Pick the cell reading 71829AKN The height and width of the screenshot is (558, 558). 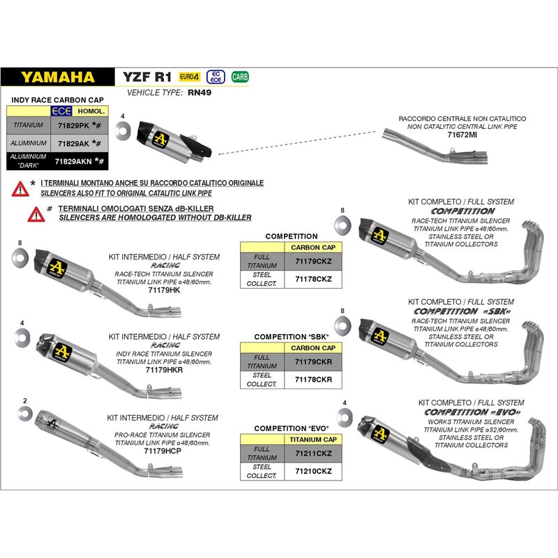point(73,161)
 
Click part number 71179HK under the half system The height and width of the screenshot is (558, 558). point(164,289)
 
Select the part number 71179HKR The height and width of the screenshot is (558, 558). point(164,370)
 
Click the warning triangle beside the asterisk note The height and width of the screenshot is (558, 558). point(20,187)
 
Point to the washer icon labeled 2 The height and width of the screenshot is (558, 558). point(24,414)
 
